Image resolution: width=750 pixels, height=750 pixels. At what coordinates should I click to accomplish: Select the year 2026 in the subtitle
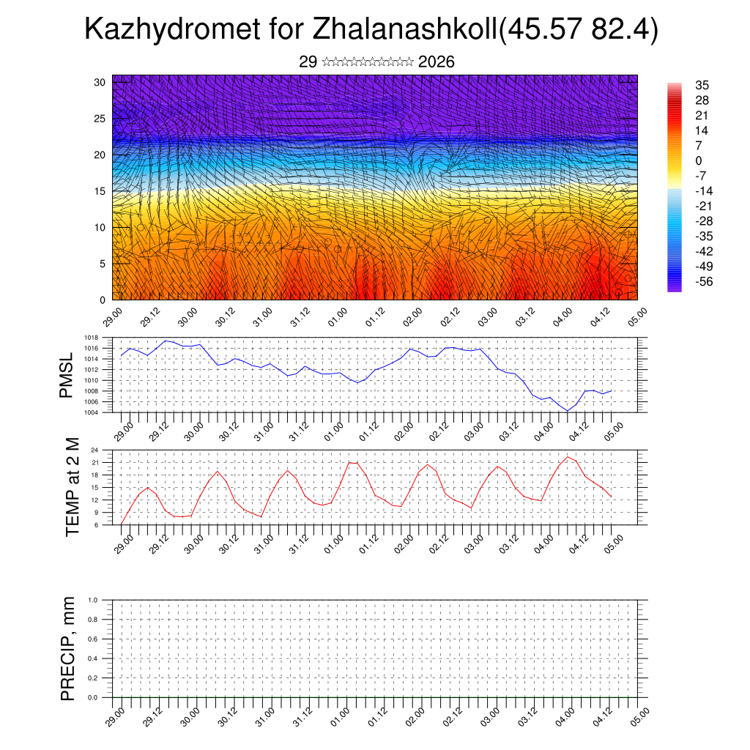coord(437,62)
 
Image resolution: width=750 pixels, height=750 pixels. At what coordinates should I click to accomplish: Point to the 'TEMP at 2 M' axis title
coord(72,486)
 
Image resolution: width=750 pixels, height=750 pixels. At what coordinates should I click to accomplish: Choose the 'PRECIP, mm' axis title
coord(68,649)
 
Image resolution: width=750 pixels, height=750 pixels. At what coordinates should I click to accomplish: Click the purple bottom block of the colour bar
coord(675,288)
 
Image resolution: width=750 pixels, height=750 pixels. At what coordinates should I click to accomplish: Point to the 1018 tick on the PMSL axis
coord(92,338)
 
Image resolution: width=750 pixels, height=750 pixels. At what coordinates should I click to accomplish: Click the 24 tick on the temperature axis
coord(94,450)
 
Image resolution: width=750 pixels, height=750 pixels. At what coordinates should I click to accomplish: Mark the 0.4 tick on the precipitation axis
coord(93,658)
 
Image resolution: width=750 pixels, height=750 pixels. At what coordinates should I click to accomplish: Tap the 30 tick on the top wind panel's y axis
coord(100,82)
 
